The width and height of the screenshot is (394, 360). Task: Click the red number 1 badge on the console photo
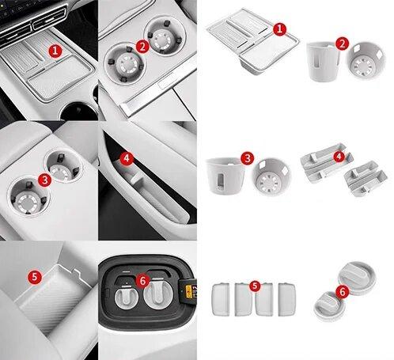pos(55,51)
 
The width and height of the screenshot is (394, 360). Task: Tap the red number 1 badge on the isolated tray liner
pos(279,29)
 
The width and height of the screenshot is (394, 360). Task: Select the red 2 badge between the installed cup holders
pos(142,47)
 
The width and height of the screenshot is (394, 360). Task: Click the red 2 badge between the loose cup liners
pos(342,44)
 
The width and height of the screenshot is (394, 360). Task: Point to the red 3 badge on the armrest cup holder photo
pos(44,180)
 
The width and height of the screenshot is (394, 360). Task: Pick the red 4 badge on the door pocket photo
pos(127,159)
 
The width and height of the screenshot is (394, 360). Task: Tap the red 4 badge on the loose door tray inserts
pos(339,157)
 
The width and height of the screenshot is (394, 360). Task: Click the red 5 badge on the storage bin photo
pos(35,277)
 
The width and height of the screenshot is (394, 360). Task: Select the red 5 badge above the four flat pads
pos(255,286)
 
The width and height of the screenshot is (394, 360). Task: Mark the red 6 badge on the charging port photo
pos(142,281)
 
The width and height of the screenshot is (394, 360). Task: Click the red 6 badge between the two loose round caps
pos(343,292)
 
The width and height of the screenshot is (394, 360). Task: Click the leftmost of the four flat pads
pos(221,299)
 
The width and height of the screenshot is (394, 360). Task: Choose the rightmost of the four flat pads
pos(287,299)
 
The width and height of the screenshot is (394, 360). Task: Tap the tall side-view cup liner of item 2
pos(323,62)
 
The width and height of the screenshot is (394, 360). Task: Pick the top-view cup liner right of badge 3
pos(271,177)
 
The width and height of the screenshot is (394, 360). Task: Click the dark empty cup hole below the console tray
pos(78,112)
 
